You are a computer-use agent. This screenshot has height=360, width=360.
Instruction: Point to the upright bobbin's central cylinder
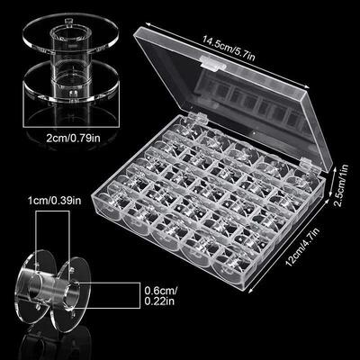(x=60, y=72)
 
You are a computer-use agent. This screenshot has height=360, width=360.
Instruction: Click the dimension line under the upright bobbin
(x=60, y=125)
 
